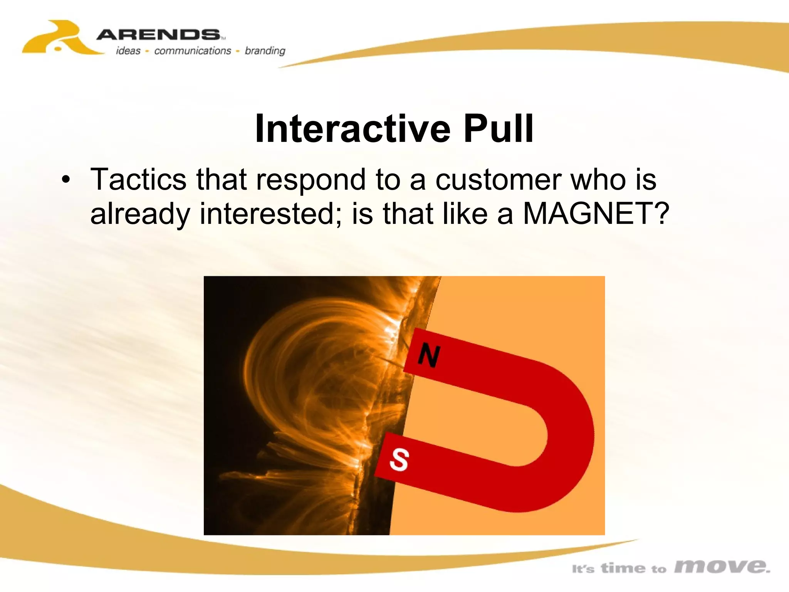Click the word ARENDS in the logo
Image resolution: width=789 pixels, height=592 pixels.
point(158,35)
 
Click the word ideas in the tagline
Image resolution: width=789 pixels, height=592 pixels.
point(128,51)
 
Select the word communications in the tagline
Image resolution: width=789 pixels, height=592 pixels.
point(192,51)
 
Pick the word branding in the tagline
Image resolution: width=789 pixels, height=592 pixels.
point(265,51)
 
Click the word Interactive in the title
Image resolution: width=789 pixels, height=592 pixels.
point(353,129)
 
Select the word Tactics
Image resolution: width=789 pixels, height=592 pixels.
point(138,179)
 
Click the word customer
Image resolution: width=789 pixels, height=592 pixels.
point(498,180)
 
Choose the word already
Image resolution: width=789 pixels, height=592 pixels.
point(140,214)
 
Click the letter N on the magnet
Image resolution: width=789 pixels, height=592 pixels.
point(429,355)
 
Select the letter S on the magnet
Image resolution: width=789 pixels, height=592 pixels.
point(399,459)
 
